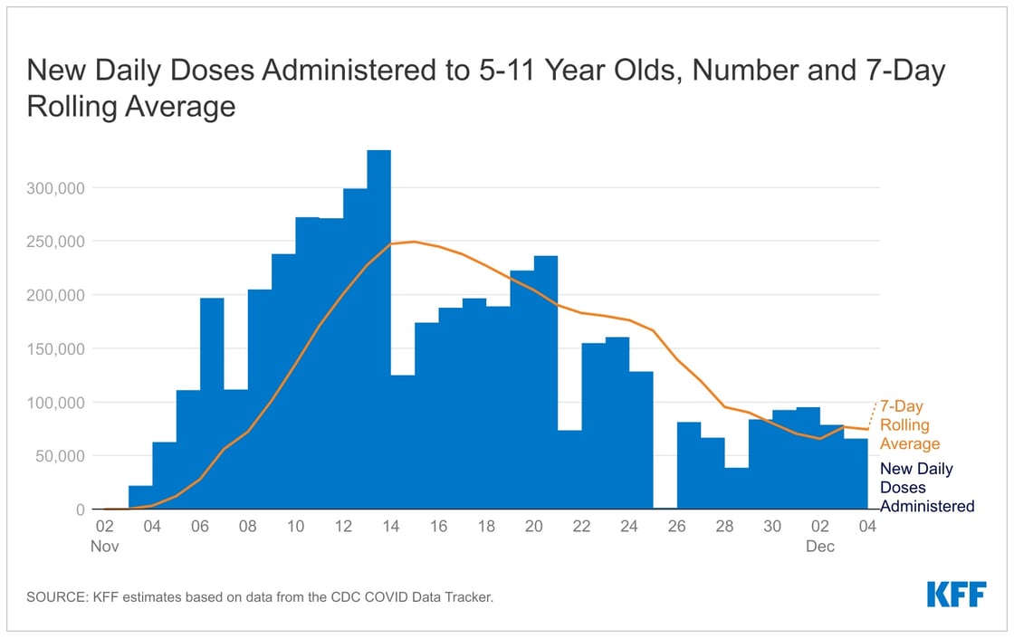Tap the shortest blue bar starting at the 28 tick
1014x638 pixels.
pyautogui.click(x=737, y=489)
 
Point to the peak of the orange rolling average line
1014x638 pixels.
pyautogui.click(x=415, y=242)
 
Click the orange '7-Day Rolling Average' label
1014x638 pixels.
pyautogui.click(x=909, y=425)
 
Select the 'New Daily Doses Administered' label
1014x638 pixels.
pyautogui.click(x=927, y=488)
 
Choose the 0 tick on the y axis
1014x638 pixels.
pyautogui.click(x=80, y=509)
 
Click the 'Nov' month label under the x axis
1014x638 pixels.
pyautogui.click(x=105, y=547)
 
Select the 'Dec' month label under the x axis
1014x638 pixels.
pyautogui.click(x=821, y=547)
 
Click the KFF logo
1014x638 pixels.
pyautogui.click(x=956, y=595)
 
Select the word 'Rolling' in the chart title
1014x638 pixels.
pyautogui.click(x=73, y=106)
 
